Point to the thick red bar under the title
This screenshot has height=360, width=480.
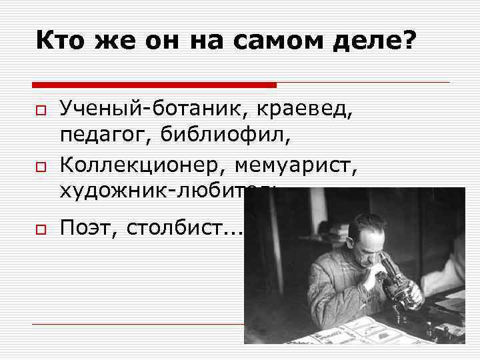pos(154,85)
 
